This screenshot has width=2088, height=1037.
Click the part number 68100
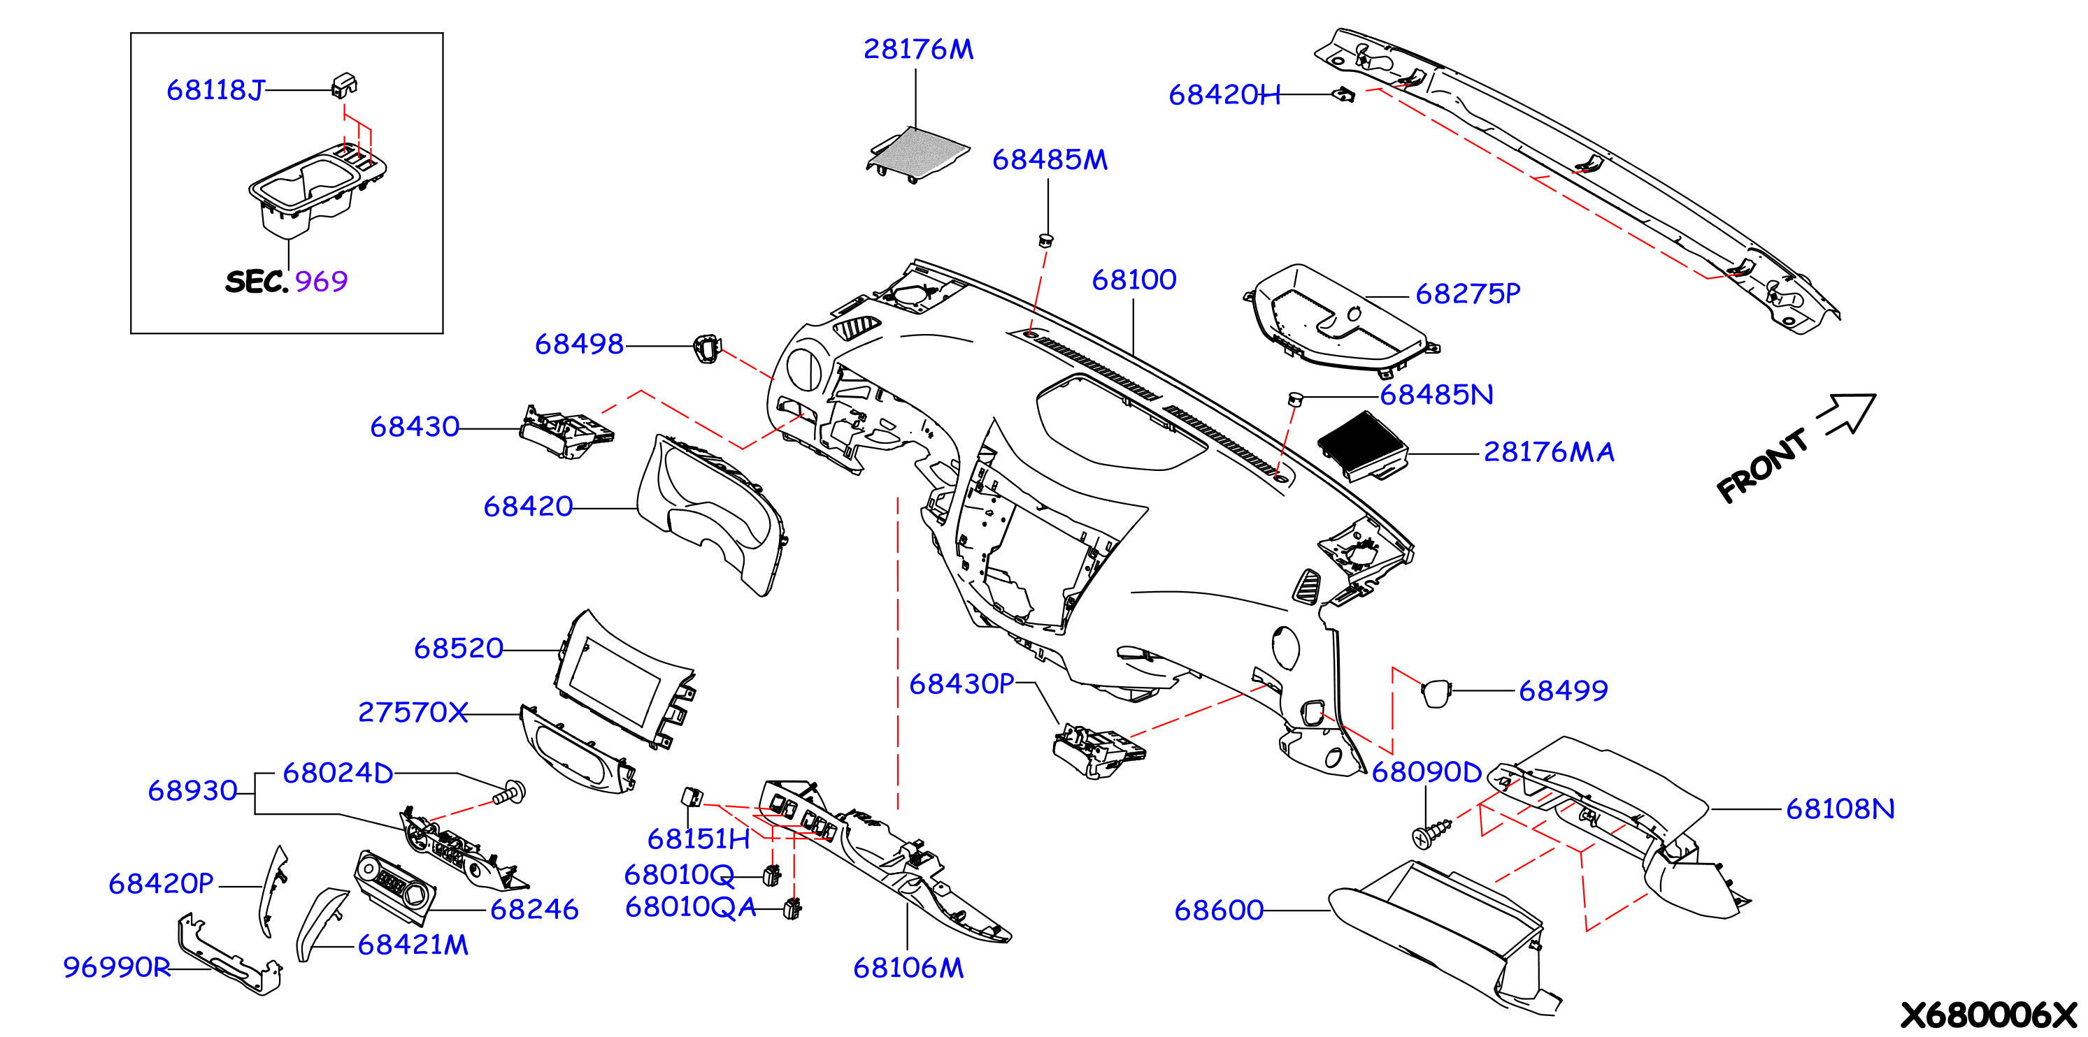[1134, 280]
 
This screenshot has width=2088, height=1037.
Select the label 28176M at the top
[918, 50]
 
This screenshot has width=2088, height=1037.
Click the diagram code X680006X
[1988, 1015]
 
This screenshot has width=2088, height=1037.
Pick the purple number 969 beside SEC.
[321, 282]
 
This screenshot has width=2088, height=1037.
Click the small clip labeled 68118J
[345, 85]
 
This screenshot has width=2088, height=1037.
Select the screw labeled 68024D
[510, 792]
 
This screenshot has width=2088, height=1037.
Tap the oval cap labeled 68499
[1436, 692]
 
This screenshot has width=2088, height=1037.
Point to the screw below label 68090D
[1431, 834]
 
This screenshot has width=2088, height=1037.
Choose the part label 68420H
[1224, 96]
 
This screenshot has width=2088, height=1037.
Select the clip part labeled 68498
[707, 349]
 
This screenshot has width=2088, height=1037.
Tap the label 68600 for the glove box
[1219, 911]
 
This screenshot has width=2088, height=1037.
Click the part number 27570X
[413, 713]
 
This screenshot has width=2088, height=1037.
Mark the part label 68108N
[1840, 809]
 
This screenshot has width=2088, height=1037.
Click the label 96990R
[117, 967]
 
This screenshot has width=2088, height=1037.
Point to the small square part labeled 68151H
[692, 797]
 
